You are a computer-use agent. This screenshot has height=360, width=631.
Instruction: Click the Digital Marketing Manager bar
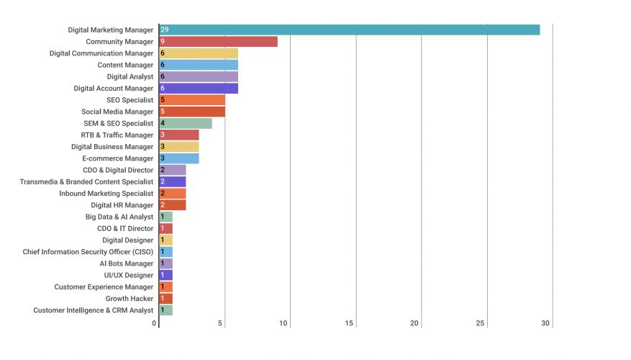click(x=349, y=30)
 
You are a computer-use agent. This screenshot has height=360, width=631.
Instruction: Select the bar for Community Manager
click(x=218, y=42)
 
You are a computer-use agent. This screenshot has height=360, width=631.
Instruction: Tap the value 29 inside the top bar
click(x=165, y=30)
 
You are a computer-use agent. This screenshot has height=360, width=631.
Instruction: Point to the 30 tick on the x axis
click(x=545, y=323)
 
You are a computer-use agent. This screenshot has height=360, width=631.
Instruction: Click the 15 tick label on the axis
click(x=349, y=323)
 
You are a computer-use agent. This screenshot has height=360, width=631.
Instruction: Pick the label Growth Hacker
click(x=130, y=299)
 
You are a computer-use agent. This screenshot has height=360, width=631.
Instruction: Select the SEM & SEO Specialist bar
click(x=186, y=123)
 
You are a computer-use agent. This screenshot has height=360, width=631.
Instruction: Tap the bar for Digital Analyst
click(x=199, y=76)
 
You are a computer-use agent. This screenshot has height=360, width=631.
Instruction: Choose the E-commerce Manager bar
click(x=179, y=158)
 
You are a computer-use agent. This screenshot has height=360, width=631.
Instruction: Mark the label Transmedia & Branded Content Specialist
click(x=86, y=181)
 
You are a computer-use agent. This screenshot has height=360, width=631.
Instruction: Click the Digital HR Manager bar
click(x=173, y=205)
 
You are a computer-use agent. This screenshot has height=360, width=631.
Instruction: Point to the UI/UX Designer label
click(x=129, y=275)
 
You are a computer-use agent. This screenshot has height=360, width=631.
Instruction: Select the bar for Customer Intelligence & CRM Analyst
click(x=166, y=310)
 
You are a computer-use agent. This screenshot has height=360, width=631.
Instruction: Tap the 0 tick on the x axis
click(x=155, y=323)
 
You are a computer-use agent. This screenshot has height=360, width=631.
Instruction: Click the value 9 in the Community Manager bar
click(x=163, y=42)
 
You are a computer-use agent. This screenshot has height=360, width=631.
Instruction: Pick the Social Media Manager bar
click(x=192, y=112)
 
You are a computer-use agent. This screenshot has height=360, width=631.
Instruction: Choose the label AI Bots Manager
click(x=127, y=264)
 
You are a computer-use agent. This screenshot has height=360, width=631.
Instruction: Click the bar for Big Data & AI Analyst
click(x=166, y=217)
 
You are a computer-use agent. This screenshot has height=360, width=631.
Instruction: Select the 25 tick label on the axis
click(x=480, y=323)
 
